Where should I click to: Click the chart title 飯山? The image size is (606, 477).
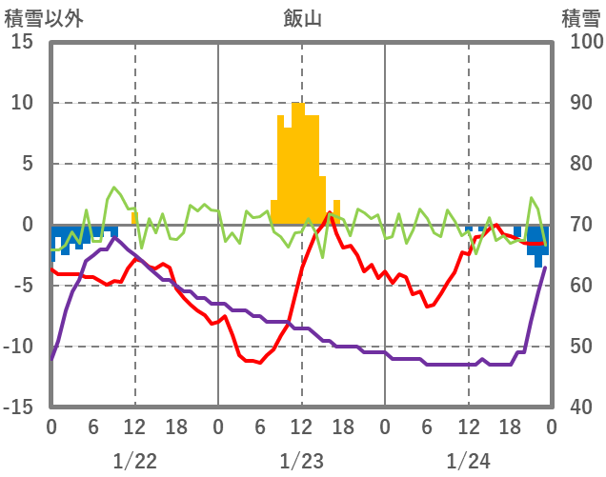(x=301, y=18)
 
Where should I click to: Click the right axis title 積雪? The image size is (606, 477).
(x=579, y=18)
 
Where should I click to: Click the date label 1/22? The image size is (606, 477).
(x=134, y=461)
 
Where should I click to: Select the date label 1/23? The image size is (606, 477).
(x=301, y=461)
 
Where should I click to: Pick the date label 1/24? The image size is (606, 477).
(x=468, y=461)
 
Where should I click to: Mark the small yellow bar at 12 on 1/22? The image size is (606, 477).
(x=134, y=219)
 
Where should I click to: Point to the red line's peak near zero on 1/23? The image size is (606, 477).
(x=330, y=212)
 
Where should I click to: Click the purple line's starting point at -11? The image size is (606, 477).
(x=51, y=359)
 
